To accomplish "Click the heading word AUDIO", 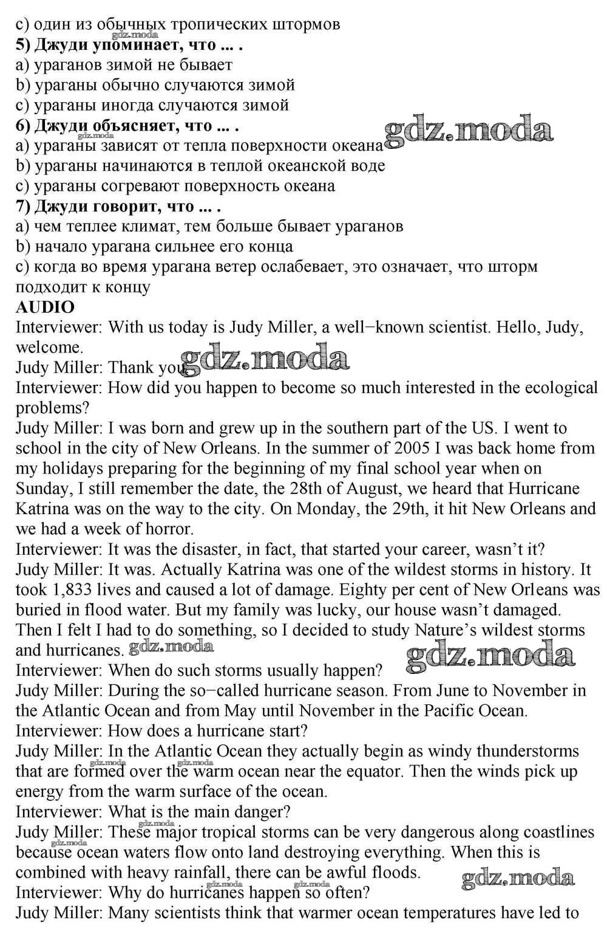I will (45, 307).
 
